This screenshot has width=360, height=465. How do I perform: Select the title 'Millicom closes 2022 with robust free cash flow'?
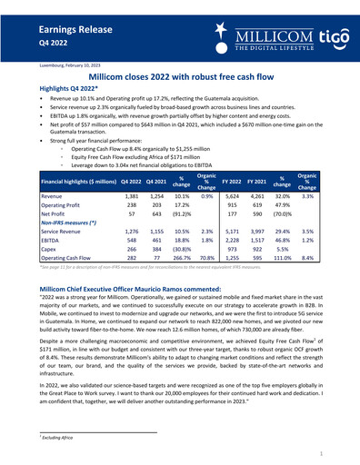(180, 79)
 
